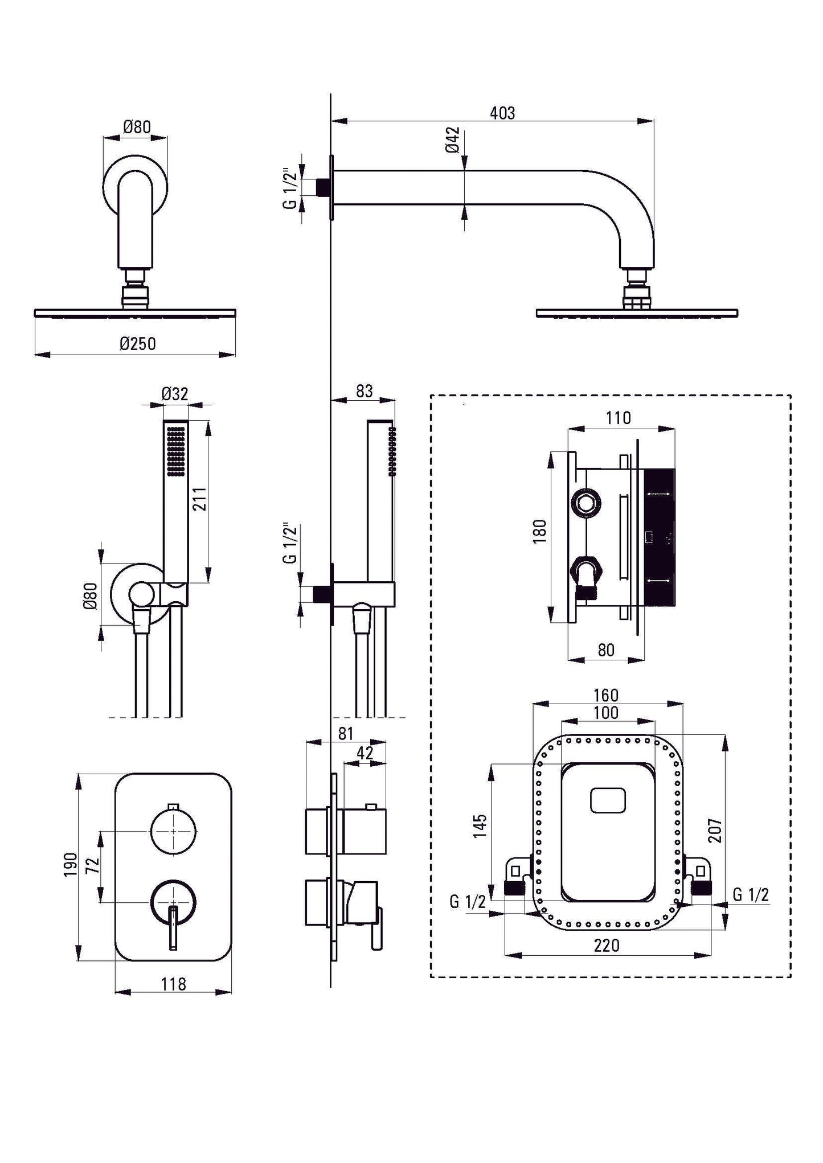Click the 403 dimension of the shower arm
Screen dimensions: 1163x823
[502, 113]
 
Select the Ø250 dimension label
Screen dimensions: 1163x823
[138, 344]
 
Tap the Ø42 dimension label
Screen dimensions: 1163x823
[453, 139]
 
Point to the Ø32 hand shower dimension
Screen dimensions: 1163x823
[174, 393]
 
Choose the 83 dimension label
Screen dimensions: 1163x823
[364, 391]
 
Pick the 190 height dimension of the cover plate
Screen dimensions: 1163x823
[70, 865]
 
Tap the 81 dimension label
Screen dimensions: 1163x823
[346, 734]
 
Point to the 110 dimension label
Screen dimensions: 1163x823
[618, 418]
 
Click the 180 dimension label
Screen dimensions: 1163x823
[540, 531]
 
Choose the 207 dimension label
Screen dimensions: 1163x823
[715, 830]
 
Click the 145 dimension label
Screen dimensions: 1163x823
[480, 826]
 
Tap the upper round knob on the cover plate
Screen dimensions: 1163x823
[174, 832]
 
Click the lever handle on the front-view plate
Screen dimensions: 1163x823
[173, 928]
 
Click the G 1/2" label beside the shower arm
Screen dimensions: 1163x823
[290, 188]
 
